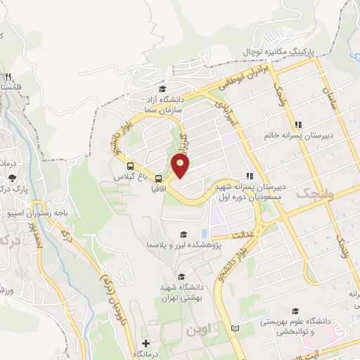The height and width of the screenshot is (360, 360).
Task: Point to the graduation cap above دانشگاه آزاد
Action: [x=163, y=89]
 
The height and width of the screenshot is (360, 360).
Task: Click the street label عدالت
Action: [x=241, y=234]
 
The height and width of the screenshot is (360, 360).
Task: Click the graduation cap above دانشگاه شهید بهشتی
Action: [x=182, y=276]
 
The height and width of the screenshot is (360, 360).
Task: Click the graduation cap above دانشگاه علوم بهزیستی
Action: [x=295, y=310]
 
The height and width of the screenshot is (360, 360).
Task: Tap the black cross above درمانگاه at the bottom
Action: [x=146, y=344]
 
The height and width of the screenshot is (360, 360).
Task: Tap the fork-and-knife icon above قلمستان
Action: [x=8, y=77]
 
